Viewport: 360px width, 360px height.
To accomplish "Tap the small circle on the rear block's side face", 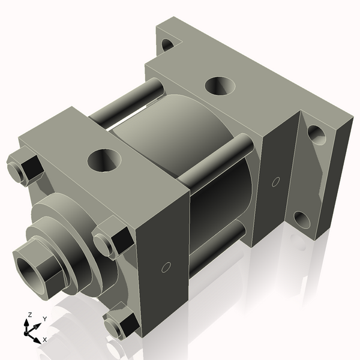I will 276,181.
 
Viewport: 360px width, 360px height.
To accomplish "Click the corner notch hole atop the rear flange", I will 169,43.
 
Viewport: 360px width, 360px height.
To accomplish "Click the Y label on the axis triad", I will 44,319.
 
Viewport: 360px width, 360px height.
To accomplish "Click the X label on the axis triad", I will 44,340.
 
